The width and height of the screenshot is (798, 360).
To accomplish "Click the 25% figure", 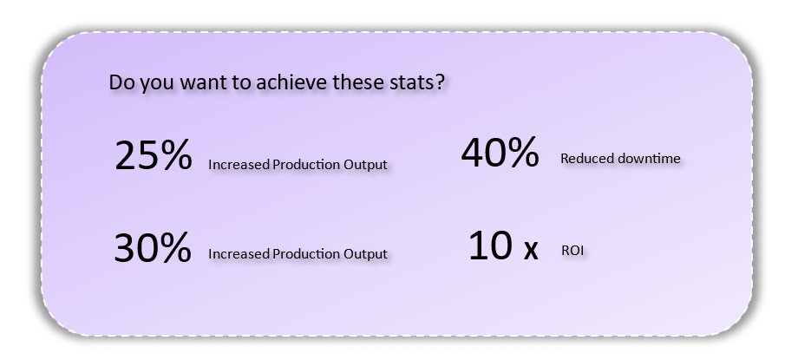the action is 154,155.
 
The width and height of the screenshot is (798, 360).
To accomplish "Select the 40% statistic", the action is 500,153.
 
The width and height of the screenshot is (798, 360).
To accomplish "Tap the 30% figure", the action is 153,247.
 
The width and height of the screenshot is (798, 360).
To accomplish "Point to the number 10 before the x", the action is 490,245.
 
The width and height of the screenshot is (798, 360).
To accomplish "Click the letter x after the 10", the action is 531,250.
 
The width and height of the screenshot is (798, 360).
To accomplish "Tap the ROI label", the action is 572,250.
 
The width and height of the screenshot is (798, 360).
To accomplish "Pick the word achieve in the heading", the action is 291,82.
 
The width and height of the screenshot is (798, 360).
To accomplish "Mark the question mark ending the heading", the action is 441,82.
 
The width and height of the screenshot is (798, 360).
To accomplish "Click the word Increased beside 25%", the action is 239,165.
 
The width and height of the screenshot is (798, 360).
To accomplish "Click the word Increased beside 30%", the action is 239,253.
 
